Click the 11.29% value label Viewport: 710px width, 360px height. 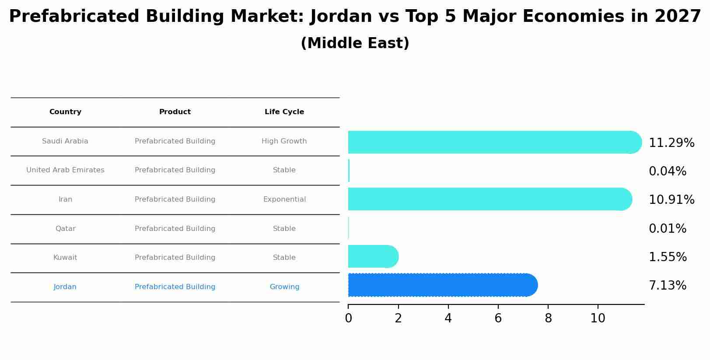[671, 143]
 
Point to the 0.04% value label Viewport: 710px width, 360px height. [667, 171]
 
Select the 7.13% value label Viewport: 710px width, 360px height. [667, 286]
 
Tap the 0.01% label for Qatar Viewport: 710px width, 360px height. [667, 229]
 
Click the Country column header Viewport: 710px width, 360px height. [65, 112]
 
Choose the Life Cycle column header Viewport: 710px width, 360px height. [284, 112]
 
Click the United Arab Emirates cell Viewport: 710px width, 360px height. [65, 170]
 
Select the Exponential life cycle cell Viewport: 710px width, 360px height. [284, 199]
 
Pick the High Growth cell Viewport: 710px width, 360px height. [284, 141]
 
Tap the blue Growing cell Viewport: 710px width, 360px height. [284, 287]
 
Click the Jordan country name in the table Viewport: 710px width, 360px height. [65, 287]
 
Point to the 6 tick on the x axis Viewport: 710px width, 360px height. [498, 318]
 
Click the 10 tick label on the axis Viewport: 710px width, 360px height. [598, 318]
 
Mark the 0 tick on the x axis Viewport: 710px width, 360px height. [348, 318]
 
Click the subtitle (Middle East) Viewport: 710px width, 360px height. [355, 43]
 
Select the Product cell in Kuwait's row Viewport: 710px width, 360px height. [175, 258]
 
